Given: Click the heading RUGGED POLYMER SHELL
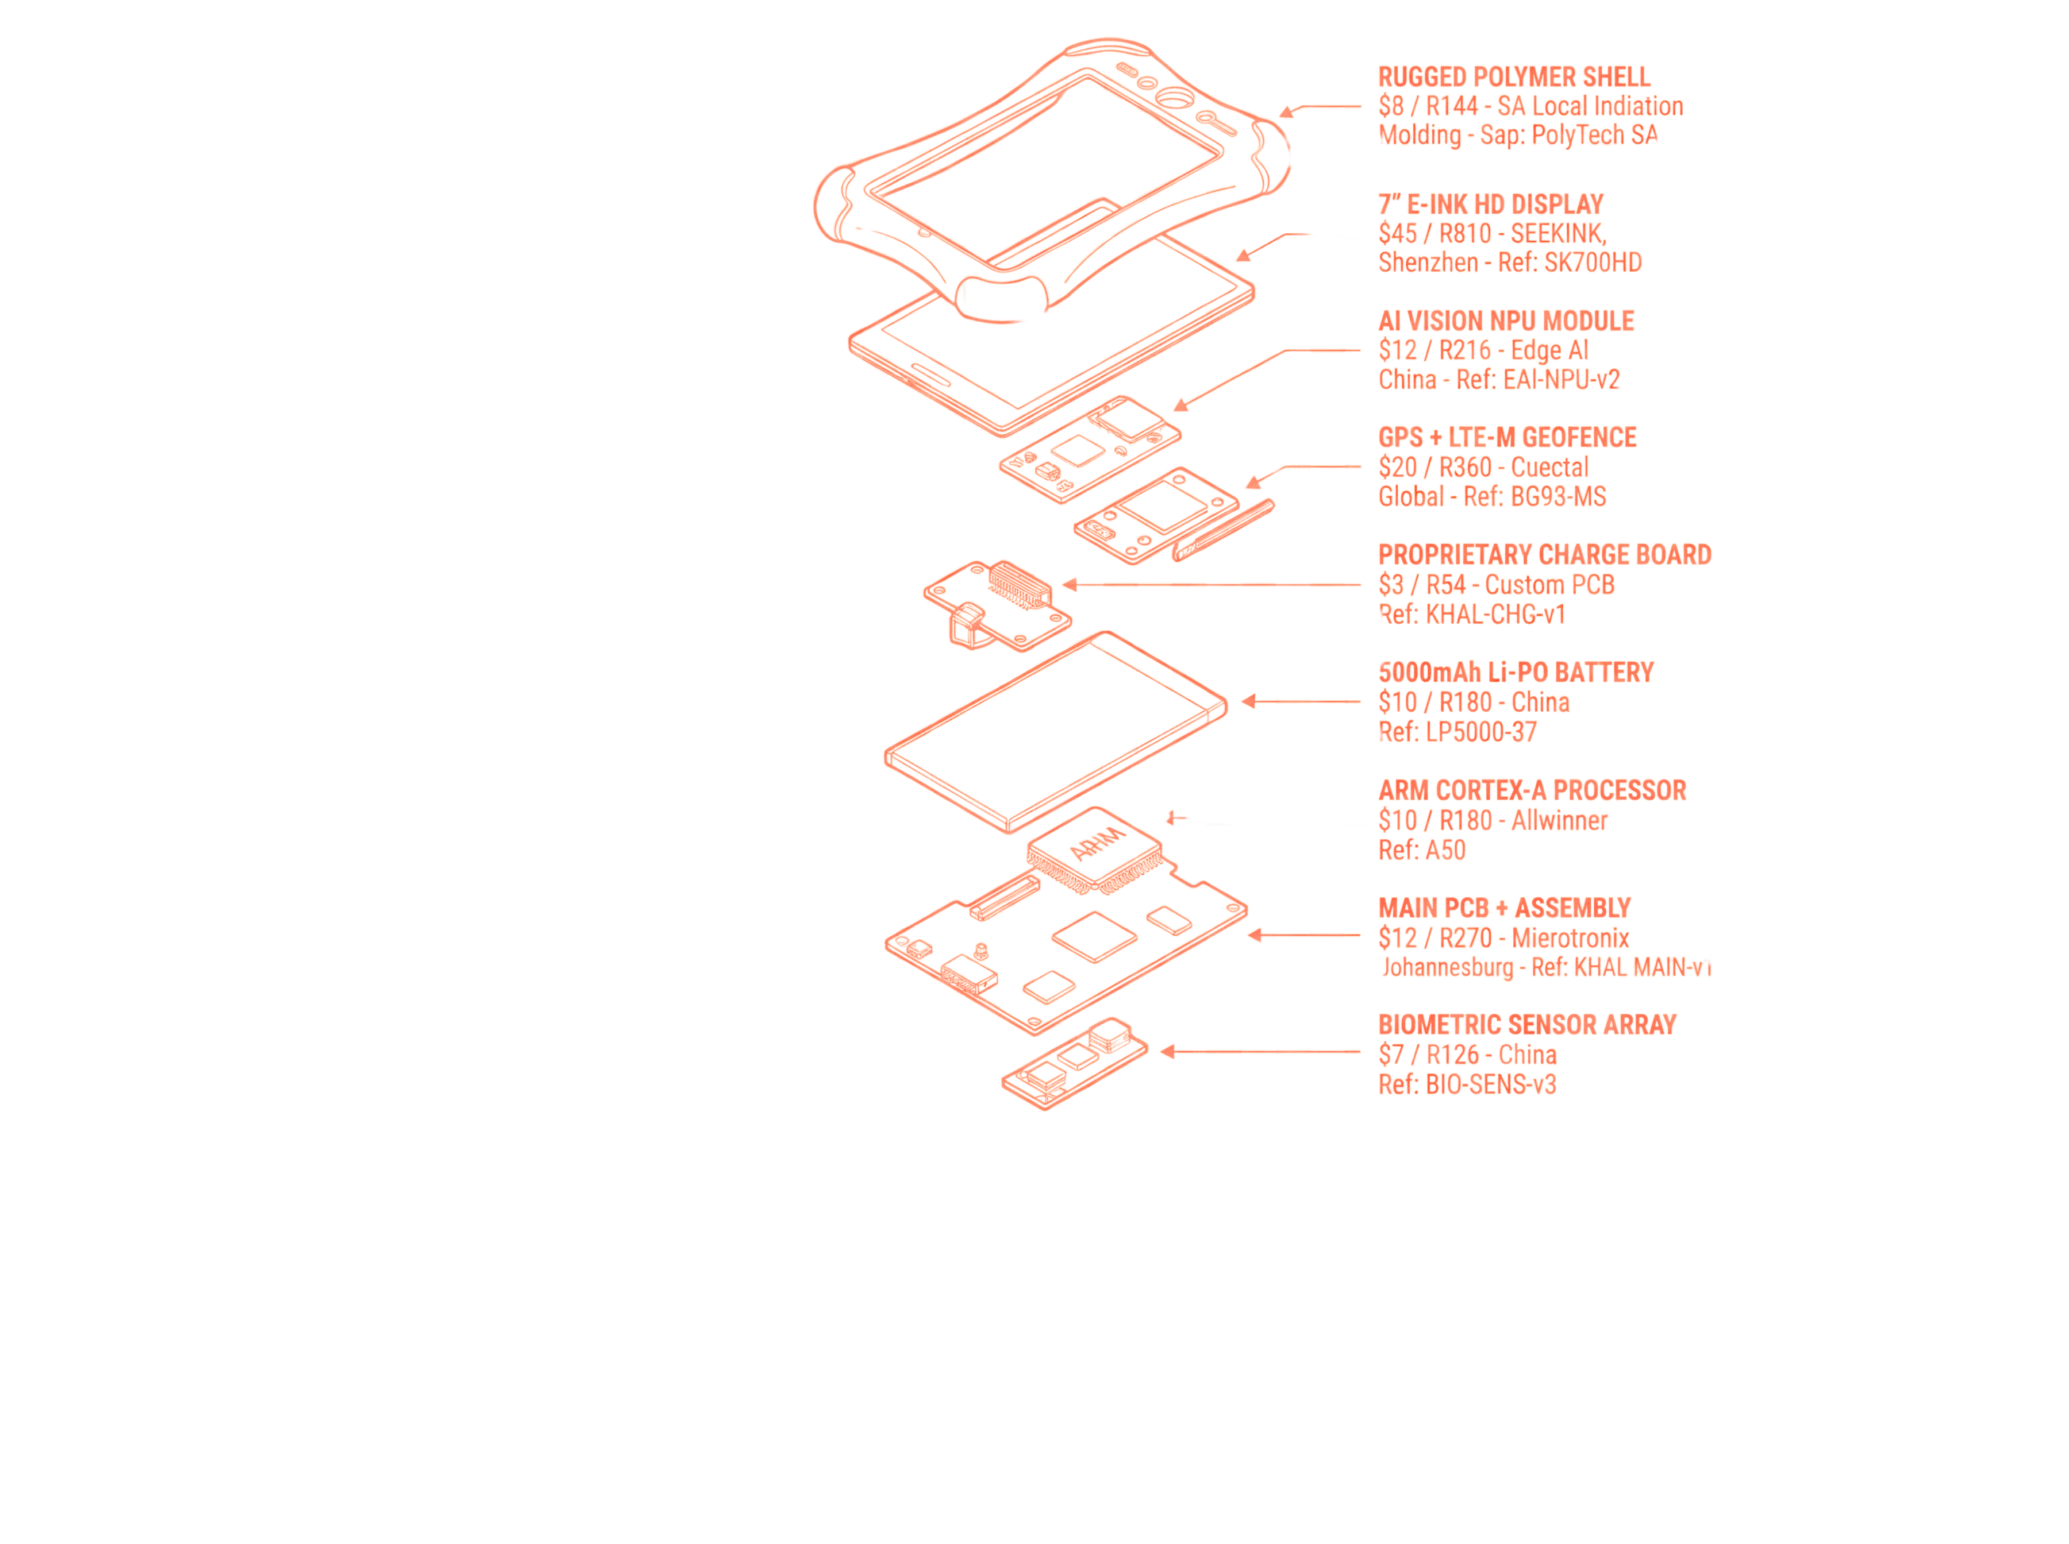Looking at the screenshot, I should (1514, 76).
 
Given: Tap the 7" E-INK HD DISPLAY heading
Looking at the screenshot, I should (1490, 204).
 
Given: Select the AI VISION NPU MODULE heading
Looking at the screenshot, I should (1506, 321).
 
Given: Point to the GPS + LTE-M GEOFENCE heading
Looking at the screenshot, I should (1507, 437).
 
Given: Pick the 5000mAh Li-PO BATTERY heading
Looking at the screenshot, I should (1516, 672).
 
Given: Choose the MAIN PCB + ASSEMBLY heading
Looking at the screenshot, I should (1504, 908).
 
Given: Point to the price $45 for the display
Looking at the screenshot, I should (1397, 234).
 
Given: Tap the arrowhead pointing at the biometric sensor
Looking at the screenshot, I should (1167, 1052).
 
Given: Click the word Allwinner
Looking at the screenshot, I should (1559, 821).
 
